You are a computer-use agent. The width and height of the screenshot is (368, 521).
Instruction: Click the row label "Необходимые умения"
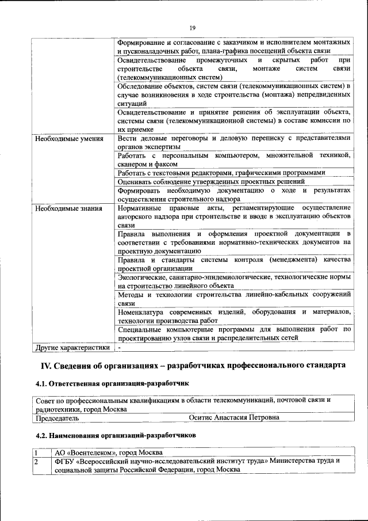tap(69, 139)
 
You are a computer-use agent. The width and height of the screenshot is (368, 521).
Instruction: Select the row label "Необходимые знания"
tap(69, 208)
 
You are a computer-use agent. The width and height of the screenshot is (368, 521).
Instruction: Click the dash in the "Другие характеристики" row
tap(119, 348)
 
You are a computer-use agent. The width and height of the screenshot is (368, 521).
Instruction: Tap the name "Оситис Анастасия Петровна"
tap(234, 417)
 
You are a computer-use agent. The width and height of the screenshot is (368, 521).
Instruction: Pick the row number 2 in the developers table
tap(35, 461)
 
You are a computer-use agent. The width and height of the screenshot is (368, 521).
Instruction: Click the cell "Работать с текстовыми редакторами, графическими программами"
tap(221, 173)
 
